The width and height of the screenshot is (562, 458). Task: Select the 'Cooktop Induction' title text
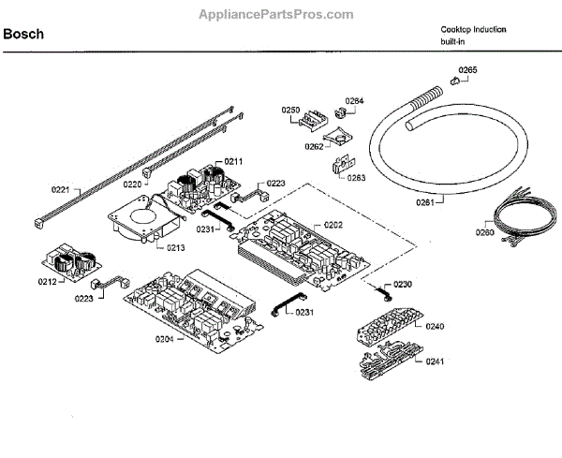(473, 29)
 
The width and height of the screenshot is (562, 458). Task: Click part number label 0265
(467, 70)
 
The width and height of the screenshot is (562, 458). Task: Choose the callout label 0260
(484, 233)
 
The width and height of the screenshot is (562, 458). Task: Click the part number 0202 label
(333, 225)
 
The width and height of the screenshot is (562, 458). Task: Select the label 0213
(176, 247)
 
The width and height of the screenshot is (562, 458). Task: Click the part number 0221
(60, 190)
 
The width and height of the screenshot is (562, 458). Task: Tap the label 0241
(436, 362)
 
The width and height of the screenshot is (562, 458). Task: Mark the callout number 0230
(402, 284)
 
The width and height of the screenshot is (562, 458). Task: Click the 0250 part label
(290, 111)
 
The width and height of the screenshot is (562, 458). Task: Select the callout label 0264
(354, 100)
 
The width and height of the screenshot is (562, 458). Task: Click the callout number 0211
(233, 162)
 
